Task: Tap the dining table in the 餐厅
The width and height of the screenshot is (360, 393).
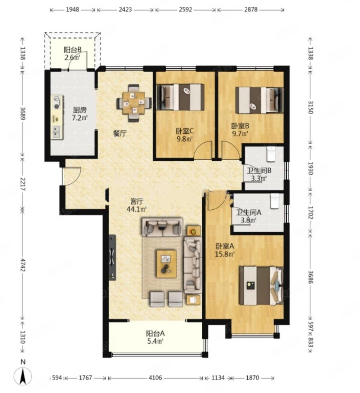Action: (134, 103)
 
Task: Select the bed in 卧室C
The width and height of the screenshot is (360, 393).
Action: (180, 97)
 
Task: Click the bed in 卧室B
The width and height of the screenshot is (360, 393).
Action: (259, 100)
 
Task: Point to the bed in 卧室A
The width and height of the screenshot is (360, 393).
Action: (261, 286)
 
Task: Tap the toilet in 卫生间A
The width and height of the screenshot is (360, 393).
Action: (275, 201)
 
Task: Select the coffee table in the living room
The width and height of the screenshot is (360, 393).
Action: (166, 264)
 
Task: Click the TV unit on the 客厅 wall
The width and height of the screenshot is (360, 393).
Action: (112, 258)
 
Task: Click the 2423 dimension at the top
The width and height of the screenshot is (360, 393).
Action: (125, 9)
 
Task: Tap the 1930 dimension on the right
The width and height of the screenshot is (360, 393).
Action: (311, 168)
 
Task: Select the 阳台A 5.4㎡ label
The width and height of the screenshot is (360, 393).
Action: (155, 337)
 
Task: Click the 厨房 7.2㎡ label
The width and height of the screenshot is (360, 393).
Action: (80, 113)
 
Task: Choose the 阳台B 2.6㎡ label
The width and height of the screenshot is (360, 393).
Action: (72, 53)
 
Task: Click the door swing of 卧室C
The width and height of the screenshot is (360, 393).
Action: (203, 150)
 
